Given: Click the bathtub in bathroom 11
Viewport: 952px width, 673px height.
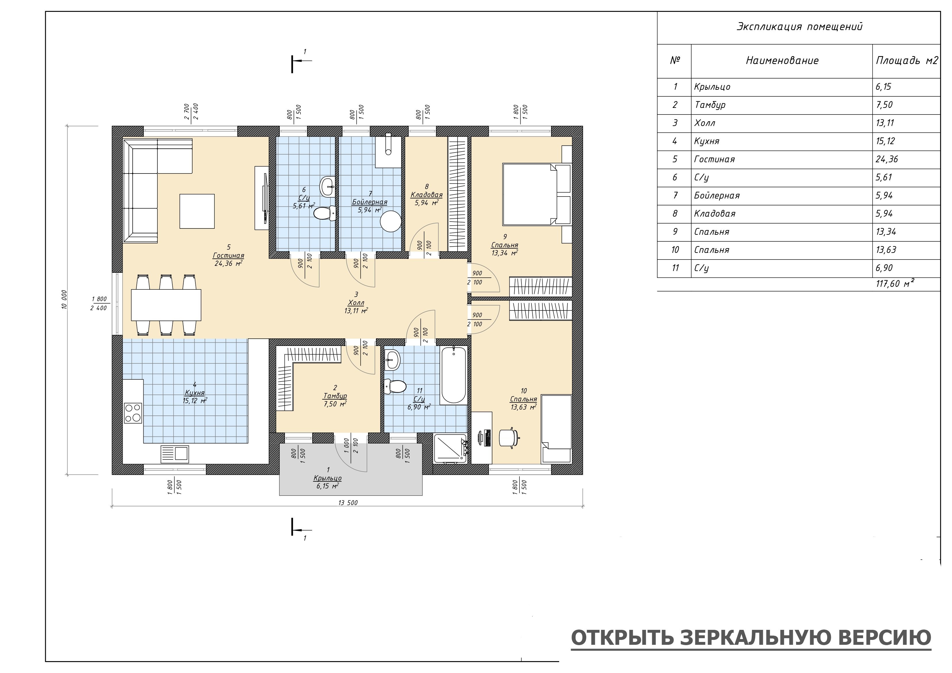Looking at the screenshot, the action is point(453,375).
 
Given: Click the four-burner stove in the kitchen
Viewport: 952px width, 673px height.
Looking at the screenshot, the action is point(133,413).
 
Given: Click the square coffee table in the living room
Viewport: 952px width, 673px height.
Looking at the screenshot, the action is point(197,211).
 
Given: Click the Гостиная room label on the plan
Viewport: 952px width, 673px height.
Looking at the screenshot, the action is point(229,256).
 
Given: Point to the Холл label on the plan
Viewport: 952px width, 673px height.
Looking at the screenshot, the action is point(356,303).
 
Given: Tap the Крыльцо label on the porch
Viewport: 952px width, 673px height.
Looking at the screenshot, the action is point(328,478).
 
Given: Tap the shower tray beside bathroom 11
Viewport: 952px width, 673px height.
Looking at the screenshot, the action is point(450,448).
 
